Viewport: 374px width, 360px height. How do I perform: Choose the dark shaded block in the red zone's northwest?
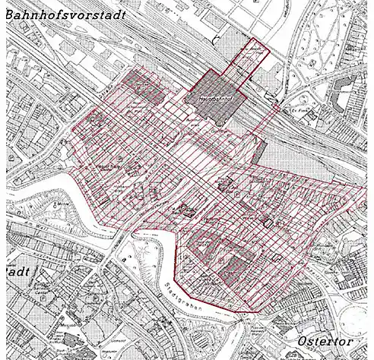pyautogui.click(x=144, y=87)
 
